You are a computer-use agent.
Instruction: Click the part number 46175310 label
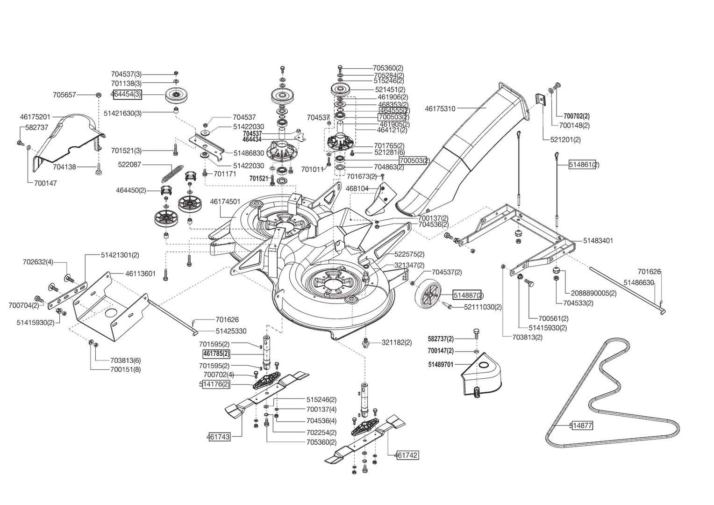coord(440,108)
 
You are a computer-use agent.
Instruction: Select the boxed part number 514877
coord(581,426)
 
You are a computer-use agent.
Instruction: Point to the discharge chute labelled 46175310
coord(467,140)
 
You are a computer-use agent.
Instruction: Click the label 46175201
coord(35,116)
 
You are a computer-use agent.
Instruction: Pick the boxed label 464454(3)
coord(126,94)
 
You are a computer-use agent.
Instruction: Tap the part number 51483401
coord(598,240)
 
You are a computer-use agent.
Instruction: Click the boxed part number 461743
coord(219,437)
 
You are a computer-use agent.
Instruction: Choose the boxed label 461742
coord(407,454)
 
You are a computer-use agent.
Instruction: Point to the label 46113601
coord(140,274)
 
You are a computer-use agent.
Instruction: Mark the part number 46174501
coord(225,202)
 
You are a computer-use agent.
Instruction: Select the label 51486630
coord(638,282)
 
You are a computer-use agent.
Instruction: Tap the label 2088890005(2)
coord(593,293)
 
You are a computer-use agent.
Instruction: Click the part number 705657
coord(64,94)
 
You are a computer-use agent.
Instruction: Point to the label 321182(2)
coord(397,342)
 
